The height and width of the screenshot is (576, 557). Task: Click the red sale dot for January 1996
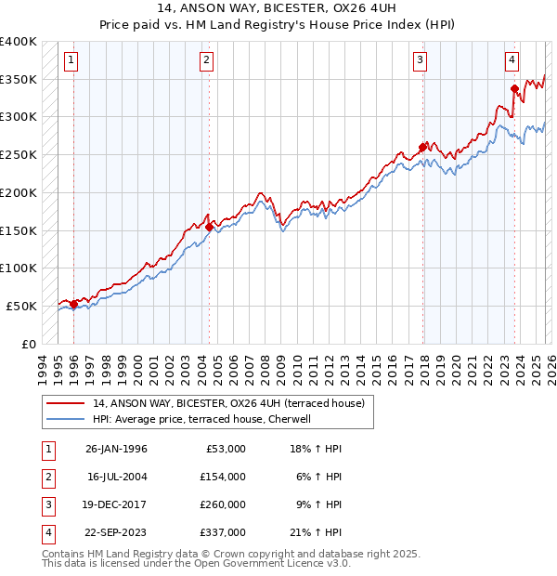(x=73, y=304)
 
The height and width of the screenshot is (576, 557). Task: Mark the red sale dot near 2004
(x=209, y=227)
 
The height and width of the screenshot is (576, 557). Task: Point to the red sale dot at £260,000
(x=422, y=147)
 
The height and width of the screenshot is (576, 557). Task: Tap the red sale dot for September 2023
(x=514, y=89)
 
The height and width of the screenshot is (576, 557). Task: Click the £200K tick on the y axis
(x=19, y=192)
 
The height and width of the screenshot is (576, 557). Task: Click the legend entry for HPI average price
(x=204, y=419)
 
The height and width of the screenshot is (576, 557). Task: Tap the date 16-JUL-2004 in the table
(x=116, y=477)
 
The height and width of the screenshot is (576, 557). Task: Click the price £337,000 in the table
(x=224, y=532)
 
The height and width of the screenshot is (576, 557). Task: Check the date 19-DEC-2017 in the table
(x=116, y=504)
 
